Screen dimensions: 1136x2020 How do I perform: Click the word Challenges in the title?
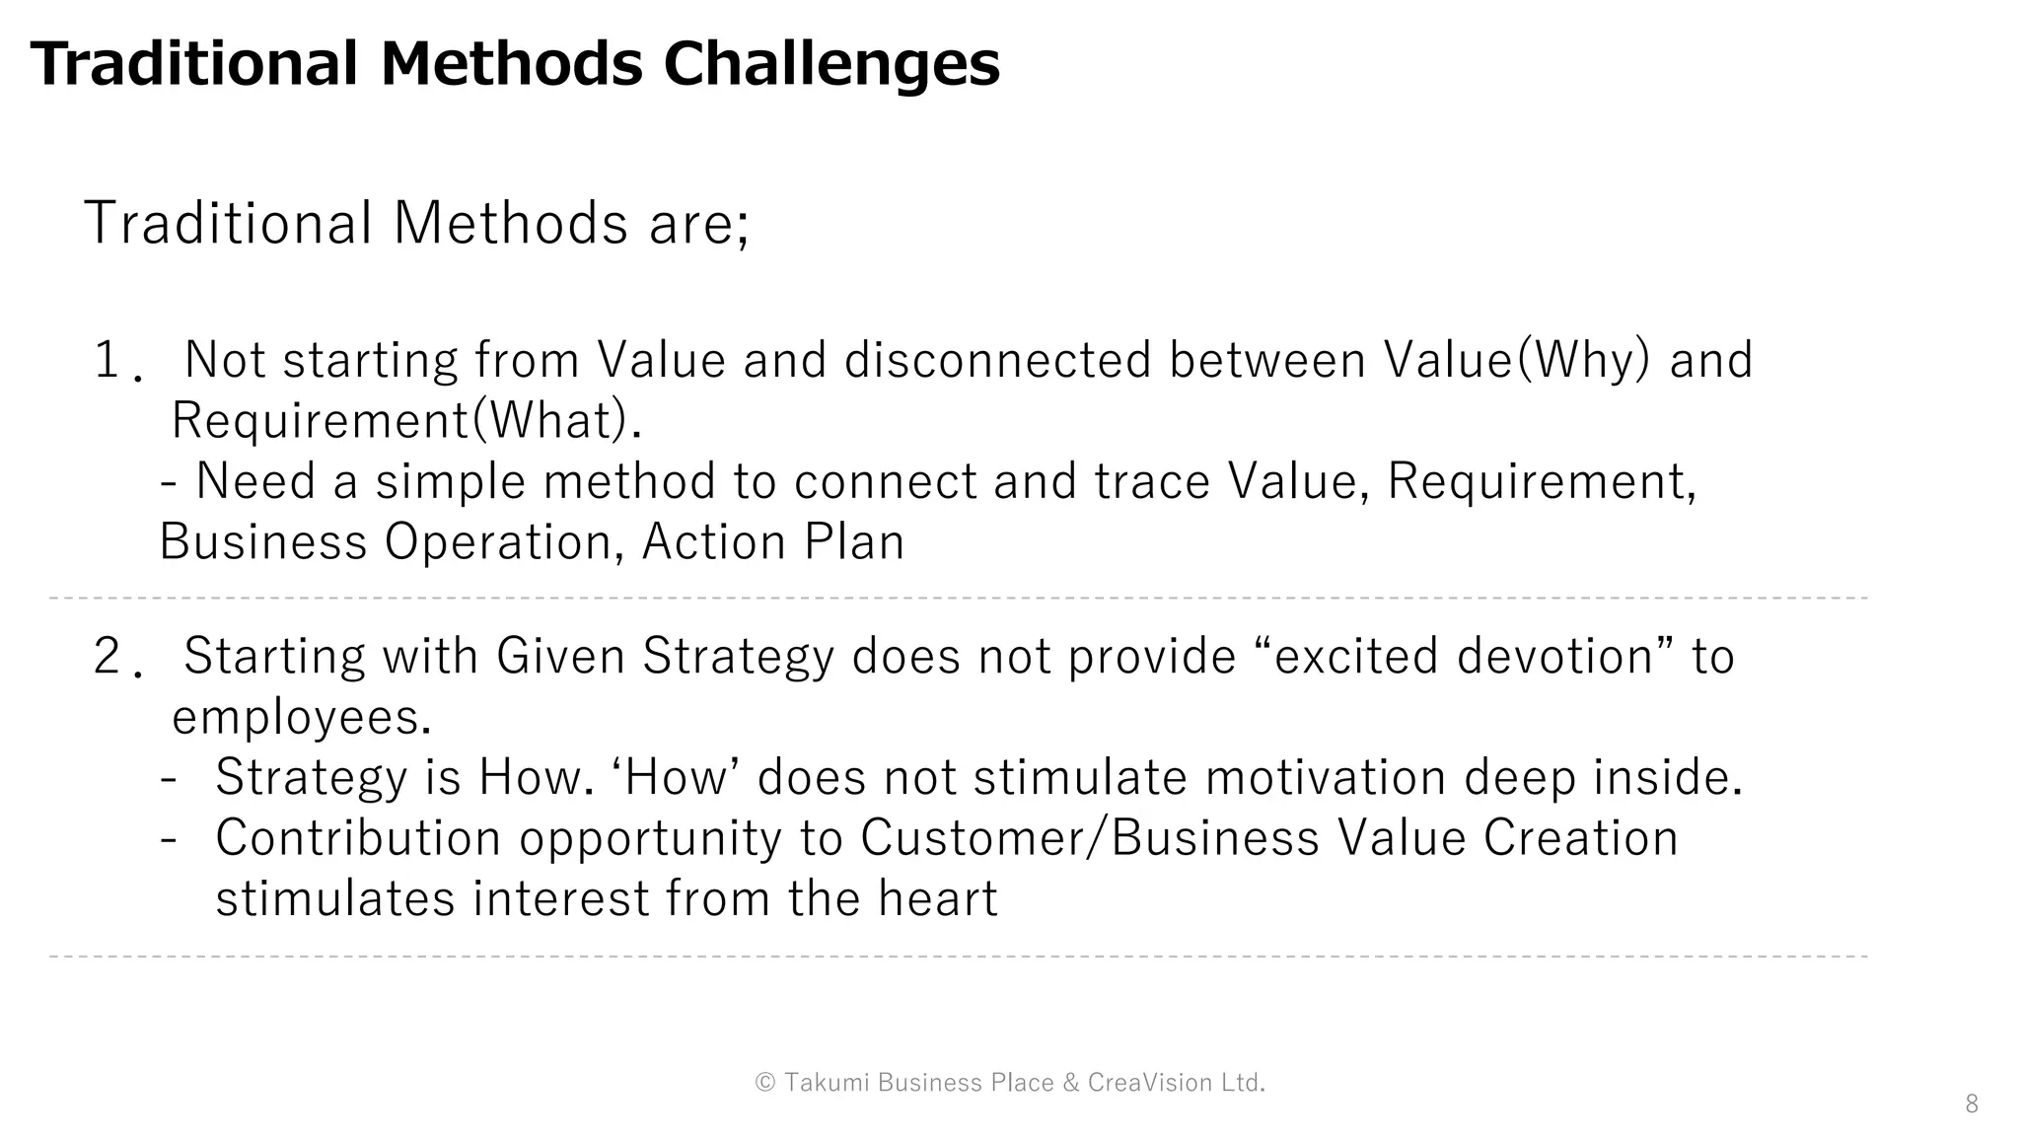click(830, 65)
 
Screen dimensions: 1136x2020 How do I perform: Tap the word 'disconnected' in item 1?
click(997, 360)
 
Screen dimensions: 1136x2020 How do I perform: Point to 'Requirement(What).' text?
click(406, 421)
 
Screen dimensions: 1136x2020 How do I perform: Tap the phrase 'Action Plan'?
click(772, 542)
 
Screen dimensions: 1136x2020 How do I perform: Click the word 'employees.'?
click(302, 718)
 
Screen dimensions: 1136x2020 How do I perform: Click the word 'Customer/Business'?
click(1089, 839)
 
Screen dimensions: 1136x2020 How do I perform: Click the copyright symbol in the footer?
click(765, 1083)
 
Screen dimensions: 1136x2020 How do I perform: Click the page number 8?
click(1971, 1104)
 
